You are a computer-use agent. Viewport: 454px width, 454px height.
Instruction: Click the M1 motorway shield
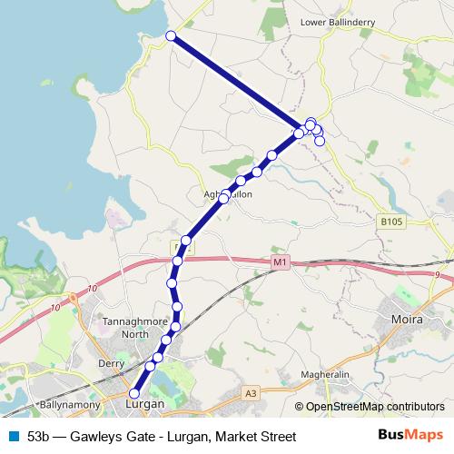pos(279,263)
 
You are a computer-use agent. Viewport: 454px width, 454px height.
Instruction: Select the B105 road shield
pos(390,221)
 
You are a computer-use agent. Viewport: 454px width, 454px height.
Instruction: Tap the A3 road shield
pos(251,393)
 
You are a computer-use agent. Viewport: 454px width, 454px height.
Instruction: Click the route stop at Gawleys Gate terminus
pos(170,35)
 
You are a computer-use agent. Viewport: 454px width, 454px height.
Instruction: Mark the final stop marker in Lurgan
pos(134,393)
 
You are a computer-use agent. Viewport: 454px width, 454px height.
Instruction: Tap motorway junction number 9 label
pos(437,273)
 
